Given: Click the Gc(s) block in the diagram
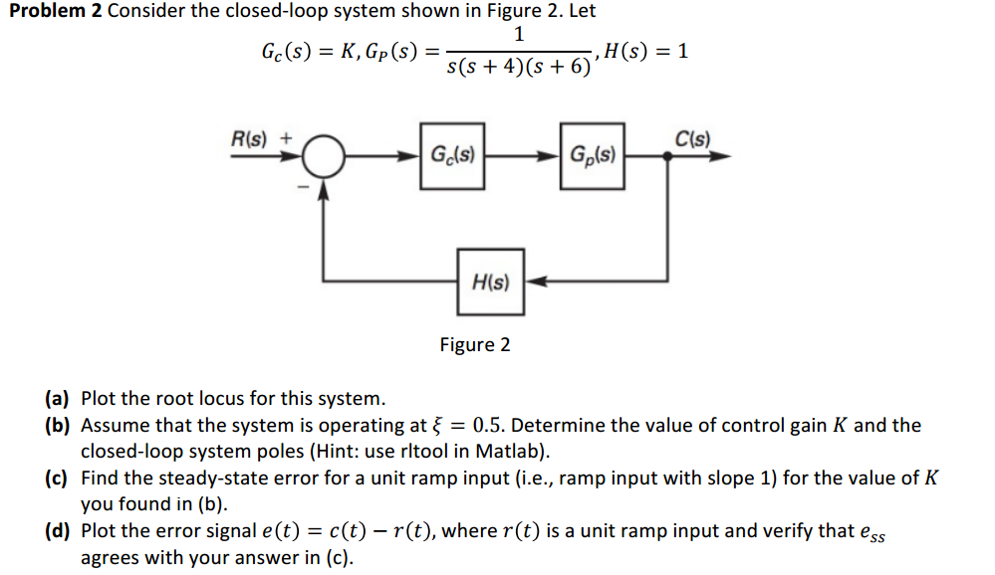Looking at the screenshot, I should tap(453, 156).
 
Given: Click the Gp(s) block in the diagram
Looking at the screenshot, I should tap(593, 156).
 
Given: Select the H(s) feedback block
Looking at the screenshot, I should tap(489, 282).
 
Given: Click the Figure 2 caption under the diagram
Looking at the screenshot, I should tap(475, 345).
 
